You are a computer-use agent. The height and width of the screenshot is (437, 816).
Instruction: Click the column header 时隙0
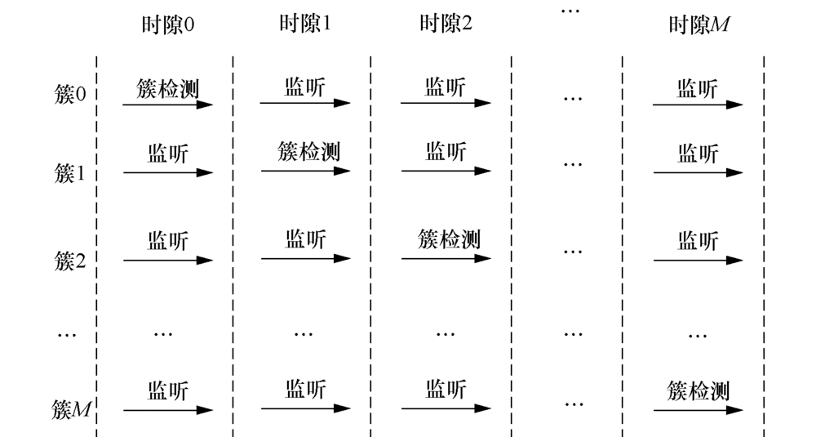coord(168,24)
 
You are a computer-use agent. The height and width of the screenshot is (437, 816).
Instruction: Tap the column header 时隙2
coord(446,24)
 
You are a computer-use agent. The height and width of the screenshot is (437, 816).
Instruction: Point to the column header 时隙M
coord(698,25)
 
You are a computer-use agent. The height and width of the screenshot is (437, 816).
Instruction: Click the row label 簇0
coord(70,95)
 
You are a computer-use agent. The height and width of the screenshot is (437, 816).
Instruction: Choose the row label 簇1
coord(70,173)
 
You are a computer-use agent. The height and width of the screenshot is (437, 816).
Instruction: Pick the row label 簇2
coord(70,261)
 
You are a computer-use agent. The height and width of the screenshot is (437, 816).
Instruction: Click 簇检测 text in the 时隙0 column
coord(168,87)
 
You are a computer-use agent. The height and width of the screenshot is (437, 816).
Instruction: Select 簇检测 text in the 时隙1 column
coord(308,151)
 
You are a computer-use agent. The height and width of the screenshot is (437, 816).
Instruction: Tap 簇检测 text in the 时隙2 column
coord(449,239)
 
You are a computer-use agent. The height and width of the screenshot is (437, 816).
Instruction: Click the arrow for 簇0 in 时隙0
coord(167,105)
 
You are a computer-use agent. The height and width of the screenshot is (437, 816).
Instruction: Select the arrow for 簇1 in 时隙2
coord(446,172)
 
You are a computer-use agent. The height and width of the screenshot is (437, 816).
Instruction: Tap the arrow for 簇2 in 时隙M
coord(698,261)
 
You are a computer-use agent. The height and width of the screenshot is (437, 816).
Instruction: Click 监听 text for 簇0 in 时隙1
coord(305,86)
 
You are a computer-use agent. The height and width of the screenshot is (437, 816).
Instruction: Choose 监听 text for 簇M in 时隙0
coord(168,390)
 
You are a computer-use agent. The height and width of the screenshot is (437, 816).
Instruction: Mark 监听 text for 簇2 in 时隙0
coord(168,240)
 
